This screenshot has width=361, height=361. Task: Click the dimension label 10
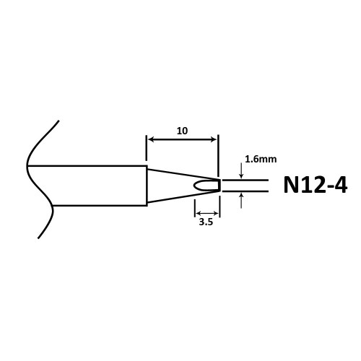pos(182,131)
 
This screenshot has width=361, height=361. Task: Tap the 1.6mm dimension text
pos(261,160)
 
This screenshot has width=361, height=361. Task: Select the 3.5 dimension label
pos(206,222)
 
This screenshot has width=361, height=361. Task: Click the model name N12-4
pos(316,185)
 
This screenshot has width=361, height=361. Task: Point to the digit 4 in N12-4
pos(340,185)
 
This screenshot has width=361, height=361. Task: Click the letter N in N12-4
pos(290,185)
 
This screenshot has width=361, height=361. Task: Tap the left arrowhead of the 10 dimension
pos(151,139)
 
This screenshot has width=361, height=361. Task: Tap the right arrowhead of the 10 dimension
pos(214,139)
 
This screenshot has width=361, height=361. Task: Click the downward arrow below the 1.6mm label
pos(241,171)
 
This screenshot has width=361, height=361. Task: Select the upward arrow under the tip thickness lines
pos(241,200)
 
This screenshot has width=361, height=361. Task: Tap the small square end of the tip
pos(219,186)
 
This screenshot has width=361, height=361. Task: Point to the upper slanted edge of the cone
pos(183,174)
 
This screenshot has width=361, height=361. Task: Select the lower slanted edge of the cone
pos(183,197)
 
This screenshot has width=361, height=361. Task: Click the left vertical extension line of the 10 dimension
pos(147,148)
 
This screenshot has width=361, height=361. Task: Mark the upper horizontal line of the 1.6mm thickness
pos(245,180)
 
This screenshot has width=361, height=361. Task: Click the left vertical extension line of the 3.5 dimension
pos(195,208)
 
